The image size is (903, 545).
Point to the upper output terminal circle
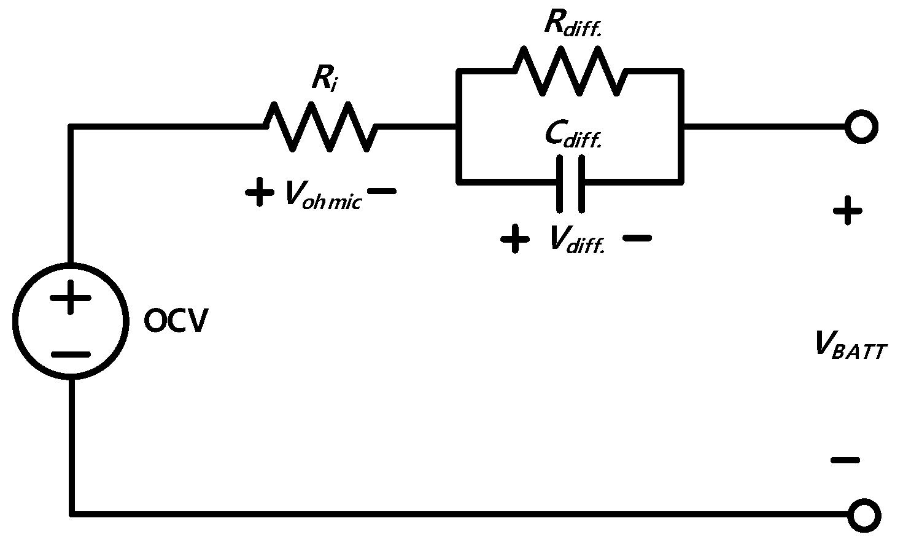click(x=861, y=127)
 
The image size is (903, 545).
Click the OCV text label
click(x=176, y=321)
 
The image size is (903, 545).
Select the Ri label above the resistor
click(x=324, y=79)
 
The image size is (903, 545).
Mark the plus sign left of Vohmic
click(x=260, y=192)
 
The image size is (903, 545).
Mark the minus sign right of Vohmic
click(x=382, y=192)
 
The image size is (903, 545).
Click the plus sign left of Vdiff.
click(x=515, y=238)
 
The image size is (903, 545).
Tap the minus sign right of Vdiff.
click(x=637, y=238)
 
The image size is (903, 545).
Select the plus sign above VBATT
click(x=847, y=212)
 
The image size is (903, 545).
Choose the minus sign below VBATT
click(x=845, y=460)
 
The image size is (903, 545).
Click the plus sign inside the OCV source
click(x=71, y=298)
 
